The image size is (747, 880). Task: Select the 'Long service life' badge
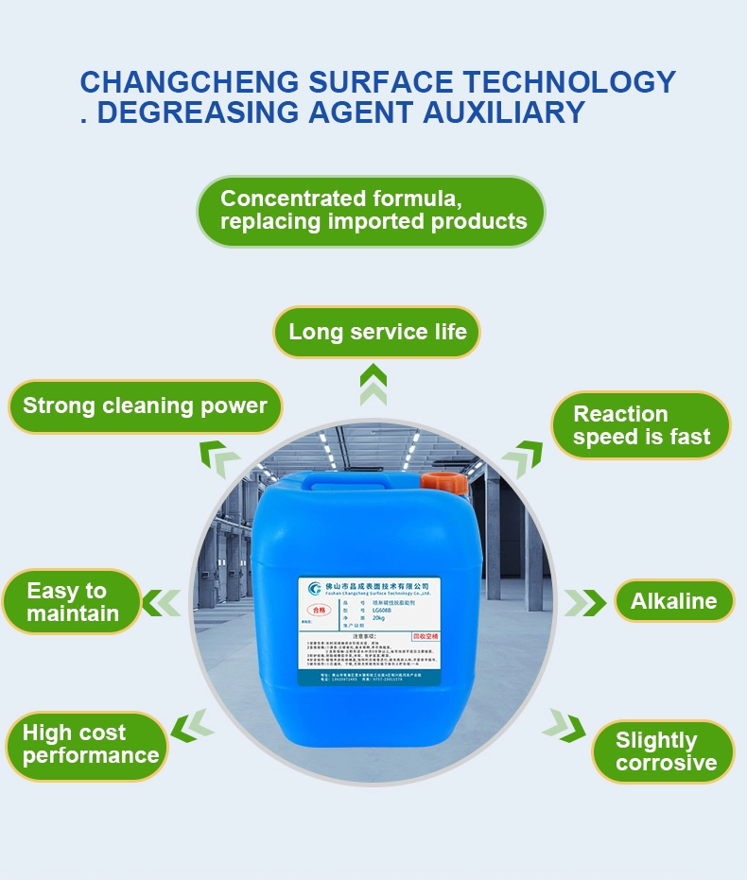377,332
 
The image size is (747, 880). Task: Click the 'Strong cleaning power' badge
145,406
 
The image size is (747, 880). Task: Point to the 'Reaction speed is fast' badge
640,425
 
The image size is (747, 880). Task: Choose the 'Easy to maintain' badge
72,602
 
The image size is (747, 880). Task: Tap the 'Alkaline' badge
673,601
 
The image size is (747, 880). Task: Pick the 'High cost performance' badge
88,744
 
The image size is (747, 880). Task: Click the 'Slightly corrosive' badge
665,751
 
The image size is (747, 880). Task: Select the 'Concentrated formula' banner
372,211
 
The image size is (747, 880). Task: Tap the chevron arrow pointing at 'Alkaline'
585,602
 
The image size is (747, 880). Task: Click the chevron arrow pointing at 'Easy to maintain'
162,601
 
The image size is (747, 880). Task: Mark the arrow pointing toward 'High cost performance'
193,725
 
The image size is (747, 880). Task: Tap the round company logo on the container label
315,589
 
